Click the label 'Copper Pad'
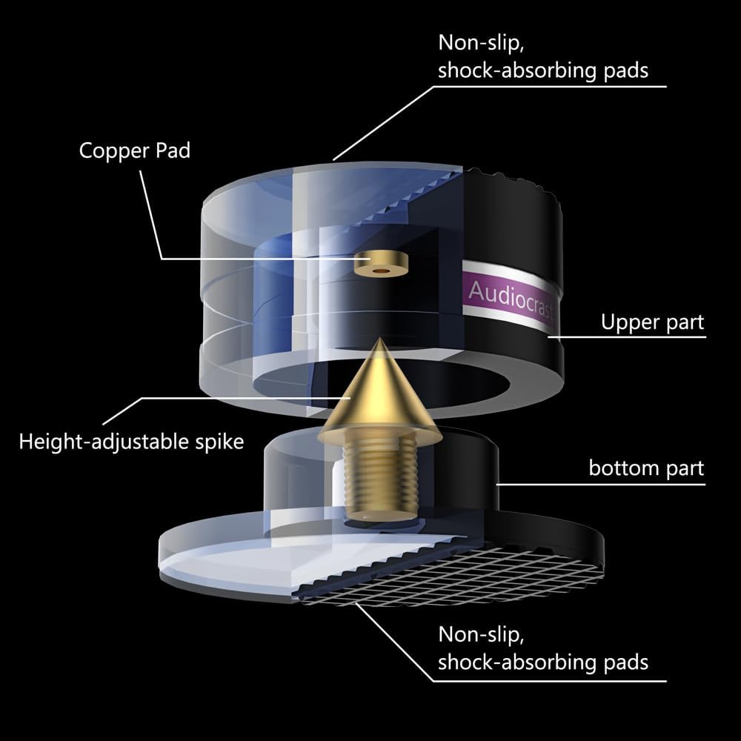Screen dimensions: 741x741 point(134,150)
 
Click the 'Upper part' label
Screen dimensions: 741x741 point(652,322)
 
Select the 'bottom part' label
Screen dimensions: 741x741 point(646,468)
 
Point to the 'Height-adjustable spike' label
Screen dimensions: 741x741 point(131,442)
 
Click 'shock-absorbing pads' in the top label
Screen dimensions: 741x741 point(543,70)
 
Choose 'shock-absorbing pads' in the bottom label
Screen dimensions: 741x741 point(543,662)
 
